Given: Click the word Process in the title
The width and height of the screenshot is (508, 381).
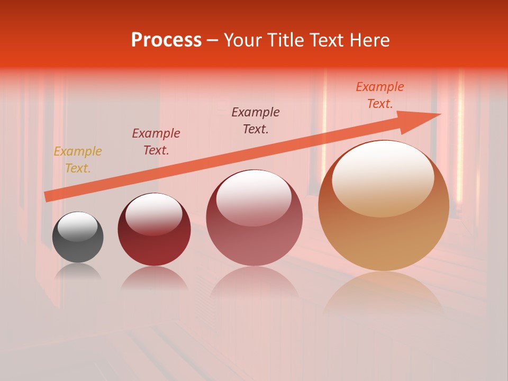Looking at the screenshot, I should pyautogui.click(x=166, y=40).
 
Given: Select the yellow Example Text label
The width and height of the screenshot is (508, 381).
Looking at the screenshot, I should pyautogui.click(x=78, y=160).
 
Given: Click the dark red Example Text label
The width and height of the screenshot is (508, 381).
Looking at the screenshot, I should pyautogui.click(x=156, y=142).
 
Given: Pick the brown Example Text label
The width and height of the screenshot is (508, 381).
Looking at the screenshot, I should pyautogui.click(x=256, y=121).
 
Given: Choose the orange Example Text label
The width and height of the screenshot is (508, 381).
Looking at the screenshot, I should pyautogui.click(x=380, y=95).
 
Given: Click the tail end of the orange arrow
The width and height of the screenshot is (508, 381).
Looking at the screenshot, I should pyautogui.click(x=47, y=196).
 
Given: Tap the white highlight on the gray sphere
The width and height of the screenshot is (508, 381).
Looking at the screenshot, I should pyautogui.click(x=78, y=226).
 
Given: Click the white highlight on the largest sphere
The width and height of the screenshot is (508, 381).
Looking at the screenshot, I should pyautogui.click(x=383, y=177).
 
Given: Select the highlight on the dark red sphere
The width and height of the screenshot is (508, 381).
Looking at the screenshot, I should pyautogui.click(x=154, y=213).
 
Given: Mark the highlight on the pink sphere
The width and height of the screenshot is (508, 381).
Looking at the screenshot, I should pyautogui.click(x=254, y=197).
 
